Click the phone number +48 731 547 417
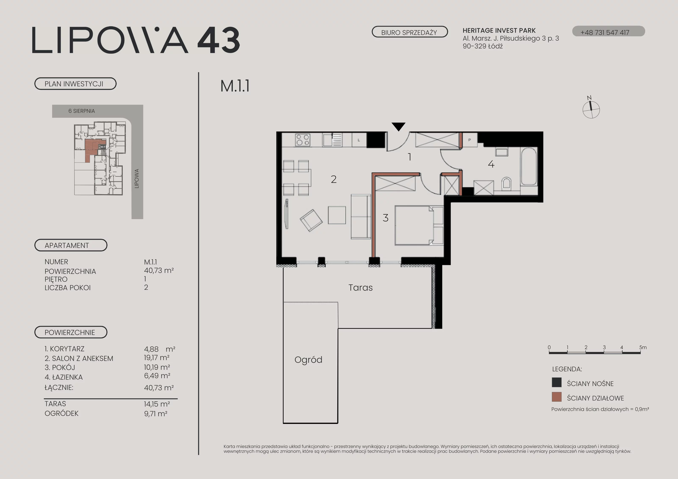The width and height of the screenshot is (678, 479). [x=605, y=32]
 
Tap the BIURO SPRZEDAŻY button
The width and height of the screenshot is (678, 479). [x=410, y=32]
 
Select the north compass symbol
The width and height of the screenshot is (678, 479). [x=591, y=108]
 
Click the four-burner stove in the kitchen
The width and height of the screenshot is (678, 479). [x=303, y=140]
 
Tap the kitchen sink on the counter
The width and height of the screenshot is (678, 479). [x=332, y=140]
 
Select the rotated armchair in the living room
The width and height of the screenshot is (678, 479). [x=311, y=220]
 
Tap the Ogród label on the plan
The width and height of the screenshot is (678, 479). [x=308, y=360]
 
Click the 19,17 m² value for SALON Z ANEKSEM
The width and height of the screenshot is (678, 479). [x=157, y=358]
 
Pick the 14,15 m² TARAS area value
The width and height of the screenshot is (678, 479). [x=157, y=404]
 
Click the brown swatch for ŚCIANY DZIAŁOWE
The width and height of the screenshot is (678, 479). [x=557, y=397]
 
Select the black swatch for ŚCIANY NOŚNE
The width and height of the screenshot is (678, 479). [x=557, y=382]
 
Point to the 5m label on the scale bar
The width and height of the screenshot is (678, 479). [x=643, y=347]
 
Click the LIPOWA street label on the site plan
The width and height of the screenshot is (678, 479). [x=136, y=179]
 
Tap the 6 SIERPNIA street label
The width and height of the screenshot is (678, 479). [x=82, y=111]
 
